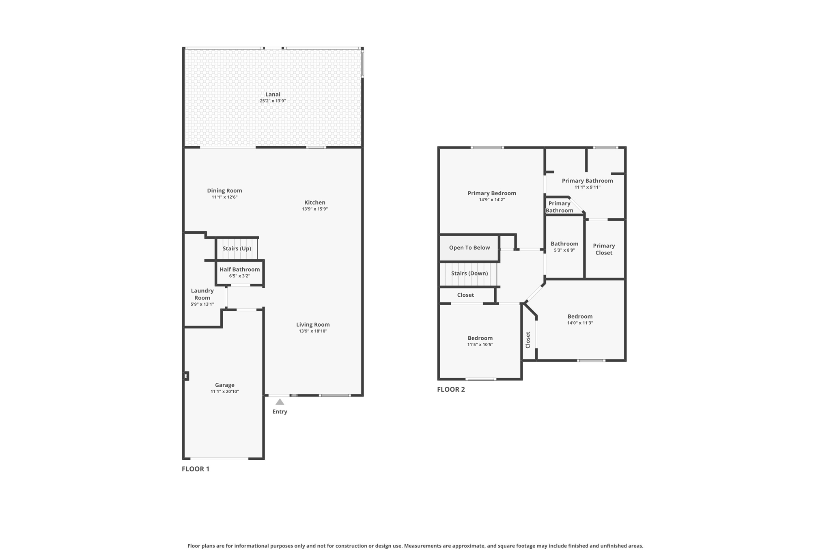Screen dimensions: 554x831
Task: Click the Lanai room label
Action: (273, 94)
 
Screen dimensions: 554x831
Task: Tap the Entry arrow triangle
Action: (280, 402)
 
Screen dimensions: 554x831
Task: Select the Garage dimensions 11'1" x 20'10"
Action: (224, 392)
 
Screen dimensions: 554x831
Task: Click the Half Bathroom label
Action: (239, 269)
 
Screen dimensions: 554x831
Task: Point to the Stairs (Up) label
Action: (237, 248)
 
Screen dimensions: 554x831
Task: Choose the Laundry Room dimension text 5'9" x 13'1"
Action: (202, 304)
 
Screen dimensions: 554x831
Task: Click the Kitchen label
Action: (315, 203)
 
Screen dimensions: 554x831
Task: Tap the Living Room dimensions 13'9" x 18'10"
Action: (313, 331)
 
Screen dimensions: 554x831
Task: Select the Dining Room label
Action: (224, 191)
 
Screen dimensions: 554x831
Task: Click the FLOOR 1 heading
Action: (196, 469)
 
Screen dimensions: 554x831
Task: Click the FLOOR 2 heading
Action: (451, 389)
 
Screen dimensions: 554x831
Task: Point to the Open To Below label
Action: (469, 248)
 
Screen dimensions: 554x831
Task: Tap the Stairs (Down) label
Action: (469, 274)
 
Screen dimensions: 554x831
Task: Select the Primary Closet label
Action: (604, 249)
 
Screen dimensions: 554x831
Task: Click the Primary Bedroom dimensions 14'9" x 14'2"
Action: (492, 200)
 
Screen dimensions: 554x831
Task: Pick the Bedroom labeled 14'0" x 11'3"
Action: (580, 317)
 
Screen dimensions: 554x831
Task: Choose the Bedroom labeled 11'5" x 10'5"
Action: (480, 338)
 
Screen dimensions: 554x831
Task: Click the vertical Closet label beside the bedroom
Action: (528, 340)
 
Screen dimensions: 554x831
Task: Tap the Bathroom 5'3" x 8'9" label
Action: (564, 244)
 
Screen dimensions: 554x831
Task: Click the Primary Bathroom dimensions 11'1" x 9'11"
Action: (587, 187)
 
